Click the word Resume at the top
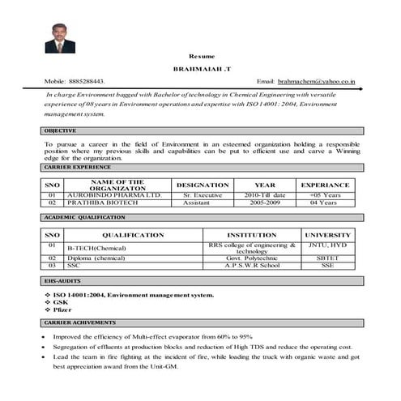point(200,56)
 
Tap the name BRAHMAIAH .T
point(200,70)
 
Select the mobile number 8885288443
point(87,82)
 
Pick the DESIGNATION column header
point(202,185)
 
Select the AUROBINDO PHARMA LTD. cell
point(115,195)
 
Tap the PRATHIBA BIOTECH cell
point(104,203)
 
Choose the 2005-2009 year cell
point(265,203)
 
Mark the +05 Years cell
point(325,195)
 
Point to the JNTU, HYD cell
point(326,244)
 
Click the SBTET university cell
point(326,258)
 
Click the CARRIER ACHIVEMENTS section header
point(73,322)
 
